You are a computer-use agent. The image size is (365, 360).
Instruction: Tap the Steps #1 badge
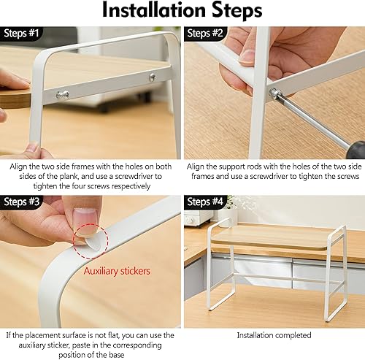click(23, 34)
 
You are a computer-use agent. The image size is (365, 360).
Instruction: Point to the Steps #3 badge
click(23, 202)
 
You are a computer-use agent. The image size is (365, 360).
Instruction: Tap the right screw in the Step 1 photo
click(153, 77)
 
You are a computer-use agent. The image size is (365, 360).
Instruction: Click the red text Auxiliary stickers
click(117, 271)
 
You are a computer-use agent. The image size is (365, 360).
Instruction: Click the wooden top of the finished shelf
click(274, 236)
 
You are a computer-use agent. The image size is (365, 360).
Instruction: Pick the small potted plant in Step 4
click(231, 205)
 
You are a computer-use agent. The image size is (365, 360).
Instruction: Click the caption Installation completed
click(274, 335)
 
